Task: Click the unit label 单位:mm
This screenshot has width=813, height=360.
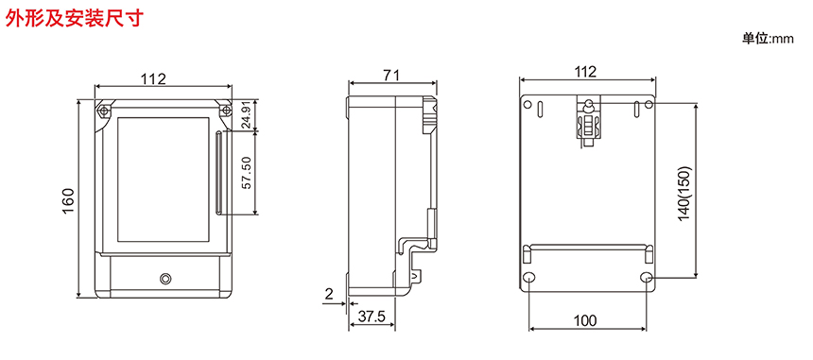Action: point(768,39)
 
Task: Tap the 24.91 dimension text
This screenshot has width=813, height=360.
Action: point(247,114)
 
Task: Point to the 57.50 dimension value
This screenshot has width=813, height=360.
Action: point(247,173)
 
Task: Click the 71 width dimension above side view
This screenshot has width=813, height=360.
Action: point(391,75)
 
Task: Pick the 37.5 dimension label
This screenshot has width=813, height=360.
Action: point(372,317)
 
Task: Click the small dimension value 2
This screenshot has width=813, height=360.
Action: point(328,294)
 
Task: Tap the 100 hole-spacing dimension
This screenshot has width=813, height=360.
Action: point(585,320)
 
